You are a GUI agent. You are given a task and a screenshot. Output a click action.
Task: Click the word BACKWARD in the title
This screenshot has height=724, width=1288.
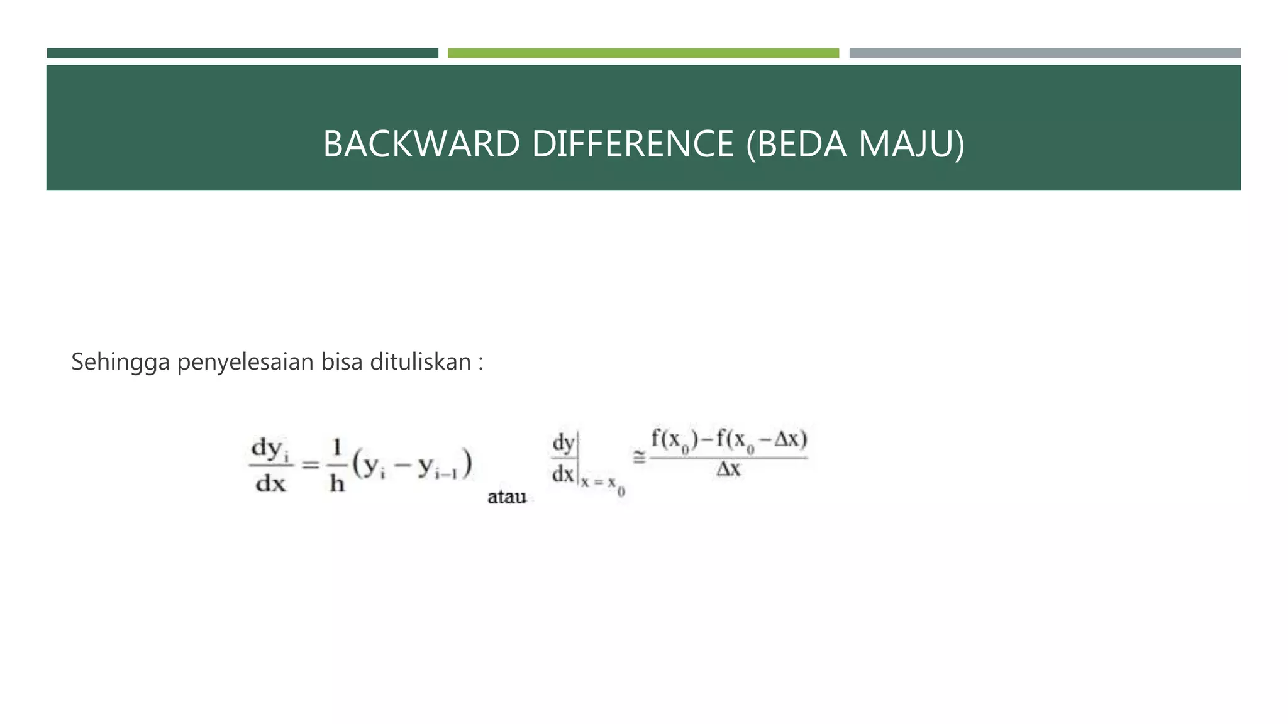point(421,144)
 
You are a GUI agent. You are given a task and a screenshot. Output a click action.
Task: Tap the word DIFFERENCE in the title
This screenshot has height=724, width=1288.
point(633,144)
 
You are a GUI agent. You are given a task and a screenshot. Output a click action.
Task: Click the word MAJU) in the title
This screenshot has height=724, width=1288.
point(911,144)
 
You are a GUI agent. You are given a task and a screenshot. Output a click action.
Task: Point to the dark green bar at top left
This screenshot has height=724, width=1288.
point(242,53)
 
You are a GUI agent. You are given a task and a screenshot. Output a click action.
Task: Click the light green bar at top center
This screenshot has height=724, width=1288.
point(643,53)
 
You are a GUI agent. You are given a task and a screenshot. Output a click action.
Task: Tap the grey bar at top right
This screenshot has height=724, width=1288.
point(1045,53)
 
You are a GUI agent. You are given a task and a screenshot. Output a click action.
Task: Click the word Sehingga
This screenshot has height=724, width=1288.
point(120,363)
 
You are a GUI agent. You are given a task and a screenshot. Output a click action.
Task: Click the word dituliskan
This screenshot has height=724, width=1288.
point(420,361)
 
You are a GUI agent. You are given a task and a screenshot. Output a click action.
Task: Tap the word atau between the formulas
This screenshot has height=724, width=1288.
point(506,497)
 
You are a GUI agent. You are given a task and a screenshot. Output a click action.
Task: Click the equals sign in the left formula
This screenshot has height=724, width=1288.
point(311,465)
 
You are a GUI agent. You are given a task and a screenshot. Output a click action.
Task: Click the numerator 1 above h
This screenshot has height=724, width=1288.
point(337,448)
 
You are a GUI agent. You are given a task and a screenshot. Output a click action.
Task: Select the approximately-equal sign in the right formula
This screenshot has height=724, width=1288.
point(639,458)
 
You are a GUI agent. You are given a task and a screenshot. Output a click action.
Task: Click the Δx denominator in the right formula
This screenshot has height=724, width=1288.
point(729,469)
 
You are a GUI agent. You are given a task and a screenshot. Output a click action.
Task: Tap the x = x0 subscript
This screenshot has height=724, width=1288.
point(602,485)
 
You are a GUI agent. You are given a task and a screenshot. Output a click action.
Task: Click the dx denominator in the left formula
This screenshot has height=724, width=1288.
point(270,483)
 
